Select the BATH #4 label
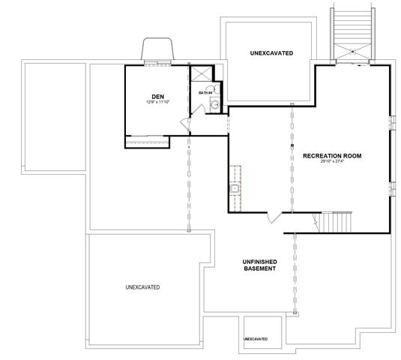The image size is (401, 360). (205, 93)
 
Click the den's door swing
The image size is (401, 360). (196, 112)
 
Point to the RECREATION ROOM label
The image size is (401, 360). (332, 156)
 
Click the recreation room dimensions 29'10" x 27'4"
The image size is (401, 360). (332, 162)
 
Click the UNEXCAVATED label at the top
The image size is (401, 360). (271, 53)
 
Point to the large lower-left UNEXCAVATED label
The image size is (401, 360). (142, 287)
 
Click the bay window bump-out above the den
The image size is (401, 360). (159, 51)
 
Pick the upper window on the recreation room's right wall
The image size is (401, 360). (392, 122)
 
